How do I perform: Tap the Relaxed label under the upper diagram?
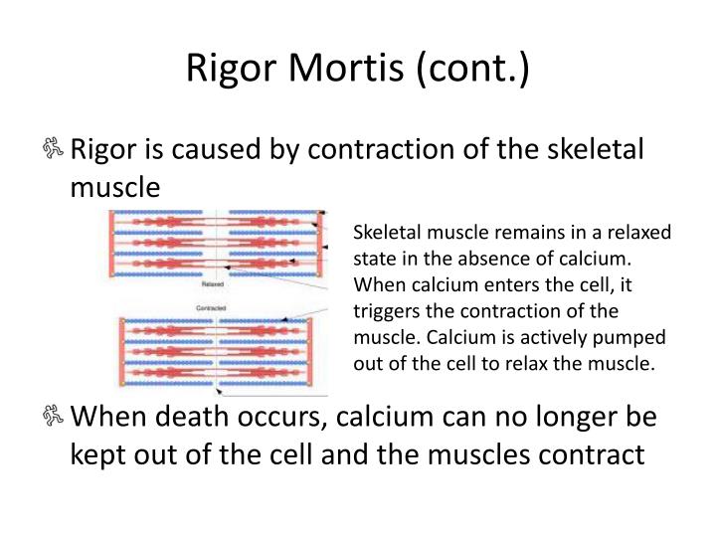click(x=199, y=285)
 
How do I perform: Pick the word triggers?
click(x=384, y=308)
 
